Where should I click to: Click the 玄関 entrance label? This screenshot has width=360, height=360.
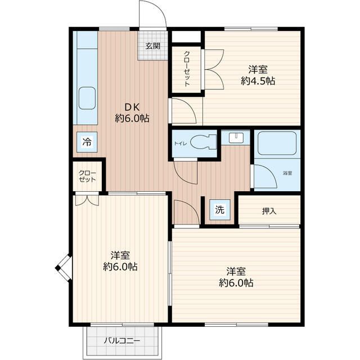(x=153, y=46)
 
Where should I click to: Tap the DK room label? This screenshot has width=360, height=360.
(x=132, y=107)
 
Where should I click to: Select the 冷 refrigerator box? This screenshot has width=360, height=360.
(x=87, y=142)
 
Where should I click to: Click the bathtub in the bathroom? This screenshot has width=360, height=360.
(x=277, y=143)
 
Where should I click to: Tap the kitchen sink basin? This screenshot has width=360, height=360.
(x=87, y=98)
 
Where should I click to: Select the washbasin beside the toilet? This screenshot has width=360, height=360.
(x=236, y=138)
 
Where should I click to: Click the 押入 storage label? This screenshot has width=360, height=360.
(x=269, y=211)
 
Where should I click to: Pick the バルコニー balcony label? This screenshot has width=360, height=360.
(x=122, y=340)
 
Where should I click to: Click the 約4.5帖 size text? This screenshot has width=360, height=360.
(x=258, y=81)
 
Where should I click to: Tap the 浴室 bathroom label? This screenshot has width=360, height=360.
(x=287, y=173)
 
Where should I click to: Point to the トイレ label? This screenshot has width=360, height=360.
(x=181, y=143)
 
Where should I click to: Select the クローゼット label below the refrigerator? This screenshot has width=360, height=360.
(x=87, y=176)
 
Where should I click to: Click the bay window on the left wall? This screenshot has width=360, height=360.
(x=64, y=268)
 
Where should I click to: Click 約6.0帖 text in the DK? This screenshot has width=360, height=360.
(x=132, y=119)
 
